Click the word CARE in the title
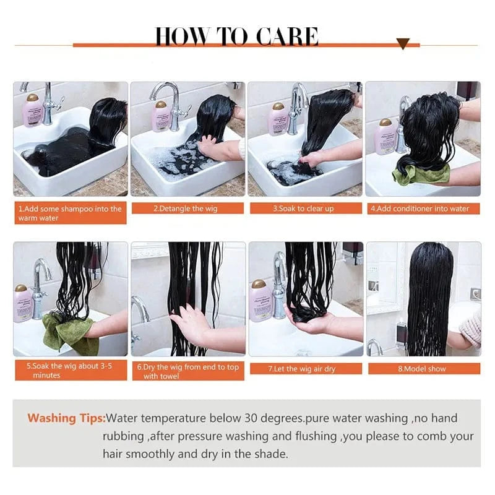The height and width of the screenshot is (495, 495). (287, 37)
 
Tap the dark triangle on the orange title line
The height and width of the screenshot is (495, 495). (403, 43)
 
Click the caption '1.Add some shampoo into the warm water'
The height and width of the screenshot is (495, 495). (70, 213)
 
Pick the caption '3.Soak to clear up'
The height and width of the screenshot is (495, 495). (303, 209)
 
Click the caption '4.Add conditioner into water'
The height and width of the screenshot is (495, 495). (420, 209)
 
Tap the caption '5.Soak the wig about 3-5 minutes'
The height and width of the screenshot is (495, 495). (69, 371)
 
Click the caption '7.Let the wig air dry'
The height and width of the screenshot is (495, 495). (302, 369)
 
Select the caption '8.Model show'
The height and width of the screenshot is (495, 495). (422, 369)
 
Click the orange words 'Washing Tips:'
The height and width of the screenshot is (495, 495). (66, 418)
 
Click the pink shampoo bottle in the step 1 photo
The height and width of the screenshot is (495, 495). (33, 110)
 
